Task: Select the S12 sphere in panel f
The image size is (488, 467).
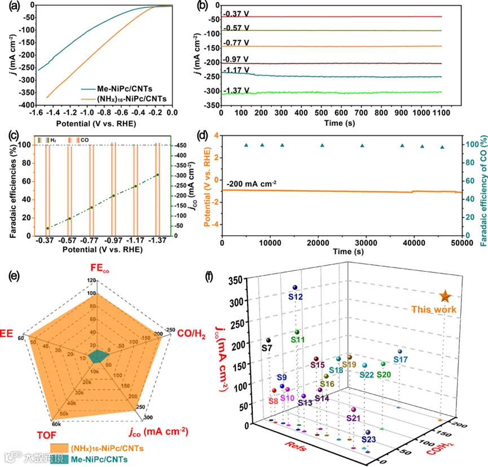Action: [294, 288]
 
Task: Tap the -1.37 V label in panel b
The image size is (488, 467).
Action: [236, 90]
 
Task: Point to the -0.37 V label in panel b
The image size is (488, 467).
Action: [236, 14]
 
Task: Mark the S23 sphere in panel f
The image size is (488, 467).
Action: [367, 433]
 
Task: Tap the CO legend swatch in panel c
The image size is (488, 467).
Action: [71, 139]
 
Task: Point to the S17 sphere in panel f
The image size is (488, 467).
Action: [399, 351]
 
